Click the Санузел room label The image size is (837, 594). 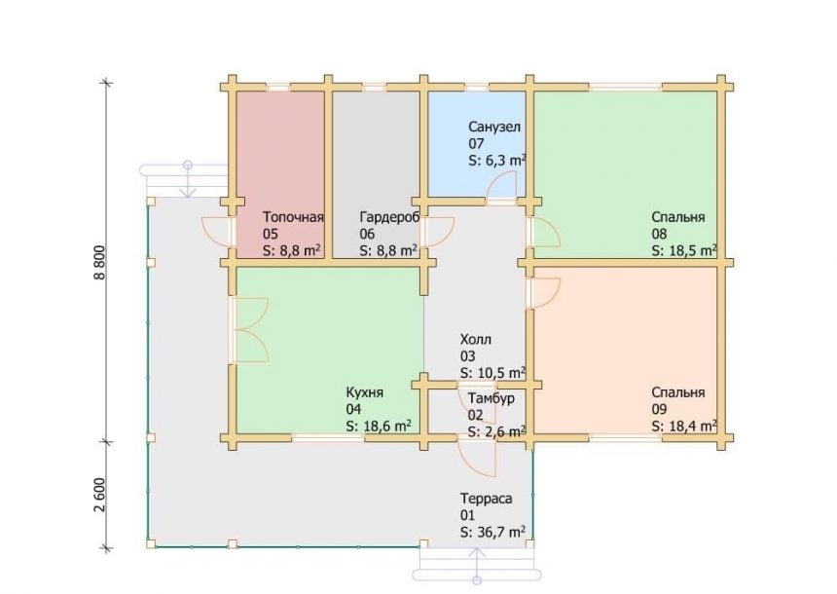click(494, 128)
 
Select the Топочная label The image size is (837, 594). click(293, 217)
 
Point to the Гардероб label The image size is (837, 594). click(389, 217)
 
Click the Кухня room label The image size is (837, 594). click(365, 392)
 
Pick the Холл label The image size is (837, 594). click(476, 340)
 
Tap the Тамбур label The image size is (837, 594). click(491, 399)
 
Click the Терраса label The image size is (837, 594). click(487, 499)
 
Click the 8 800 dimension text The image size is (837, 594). click(101, 262)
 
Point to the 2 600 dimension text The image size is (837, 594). click(101, 495)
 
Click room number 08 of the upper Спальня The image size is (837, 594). click(659, 234)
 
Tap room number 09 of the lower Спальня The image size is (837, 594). click(659, 410)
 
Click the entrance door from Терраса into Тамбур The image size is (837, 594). click(476, 460)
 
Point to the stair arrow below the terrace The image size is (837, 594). click(477, 564)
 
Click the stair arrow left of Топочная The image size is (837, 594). click(188, 179)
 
